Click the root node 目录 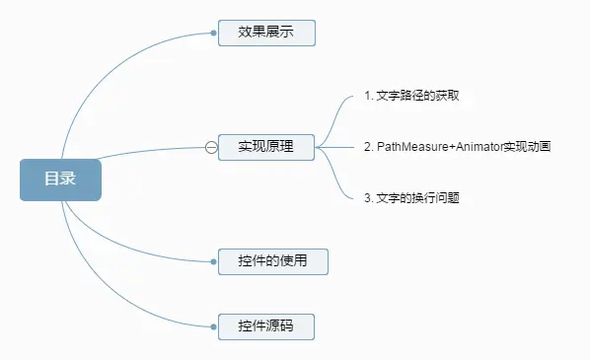tap(60, 180)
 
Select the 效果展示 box tap(265, 33)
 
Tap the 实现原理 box tap(265, 147)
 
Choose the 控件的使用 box tap(272, 261)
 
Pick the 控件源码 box tap(265, 326)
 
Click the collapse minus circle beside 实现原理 tap(211, 147)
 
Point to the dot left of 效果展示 tap(213, 33)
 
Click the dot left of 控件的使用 tap(213, 261)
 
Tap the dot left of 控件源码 tap(213, 326)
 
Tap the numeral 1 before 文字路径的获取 tap(367, 97)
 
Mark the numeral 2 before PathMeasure tap(367, 147)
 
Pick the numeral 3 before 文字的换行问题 tap(367, 197)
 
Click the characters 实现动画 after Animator tap(528, 147)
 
